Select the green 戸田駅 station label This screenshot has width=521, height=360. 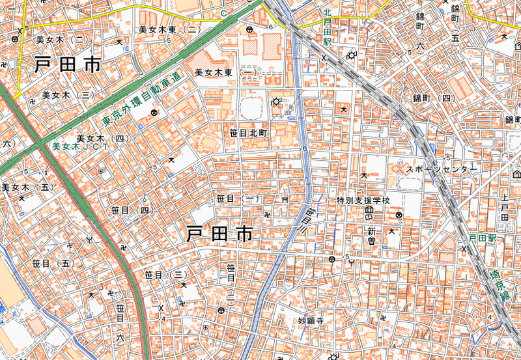pyautogui.click(x=483, y=239)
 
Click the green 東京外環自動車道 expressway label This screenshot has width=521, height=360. pyautogui.click(x=149, y=97)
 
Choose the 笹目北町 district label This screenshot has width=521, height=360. pyautogui.click(x=248, y=132)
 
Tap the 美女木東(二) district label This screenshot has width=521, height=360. pyautogui.click(x=169, y=29)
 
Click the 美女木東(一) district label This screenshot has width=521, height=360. pyautogui.click(x=227, y=72)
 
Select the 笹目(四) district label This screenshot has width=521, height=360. pyautogui.click(x=131, y=210)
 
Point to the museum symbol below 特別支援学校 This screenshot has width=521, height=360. pyautogui.click(x=369, y=212)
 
